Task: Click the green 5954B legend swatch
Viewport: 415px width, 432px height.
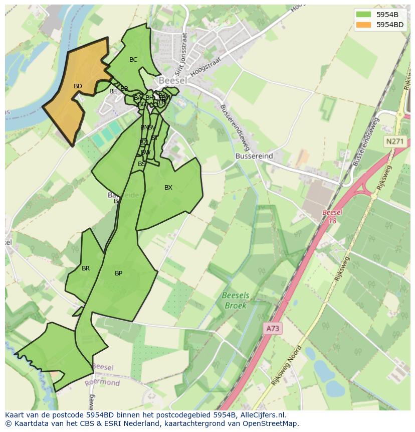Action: click(x=364, y=14)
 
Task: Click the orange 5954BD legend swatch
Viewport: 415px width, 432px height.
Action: click(x=364, y=25)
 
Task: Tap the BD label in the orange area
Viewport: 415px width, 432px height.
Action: click(x=78, y=86)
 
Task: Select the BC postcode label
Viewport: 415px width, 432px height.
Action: click(x=133, y=60)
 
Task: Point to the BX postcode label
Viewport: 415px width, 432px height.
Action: click(x=168, y=188)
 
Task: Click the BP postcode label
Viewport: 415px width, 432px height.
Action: click(x=118, y=273)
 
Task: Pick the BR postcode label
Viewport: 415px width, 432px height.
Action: click(x=86, y=268)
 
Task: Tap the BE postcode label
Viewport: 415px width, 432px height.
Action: click(x=113, y=91)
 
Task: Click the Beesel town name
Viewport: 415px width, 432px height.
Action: click(x=173, y=80)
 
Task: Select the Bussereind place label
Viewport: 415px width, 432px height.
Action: click(x=254, y=156)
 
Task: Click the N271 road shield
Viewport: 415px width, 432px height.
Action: click(x=394, y=142)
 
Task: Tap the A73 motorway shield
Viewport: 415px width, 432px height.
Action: click(x=273, y=329)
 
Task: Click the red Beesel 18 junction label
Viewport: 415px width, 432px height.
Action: click(x=332, y=216)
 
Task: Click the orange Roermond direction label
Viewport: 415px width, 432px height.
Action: click(x=102, y=383)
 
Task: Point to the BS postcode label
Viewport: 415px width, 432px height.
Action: click(x=142, y=164)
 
